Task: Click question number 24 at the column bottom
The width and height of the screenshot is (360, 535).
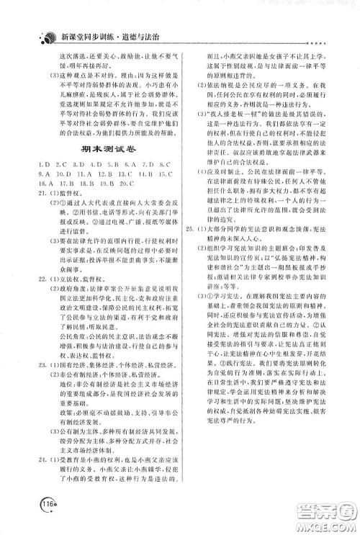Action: click(27, 457)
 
